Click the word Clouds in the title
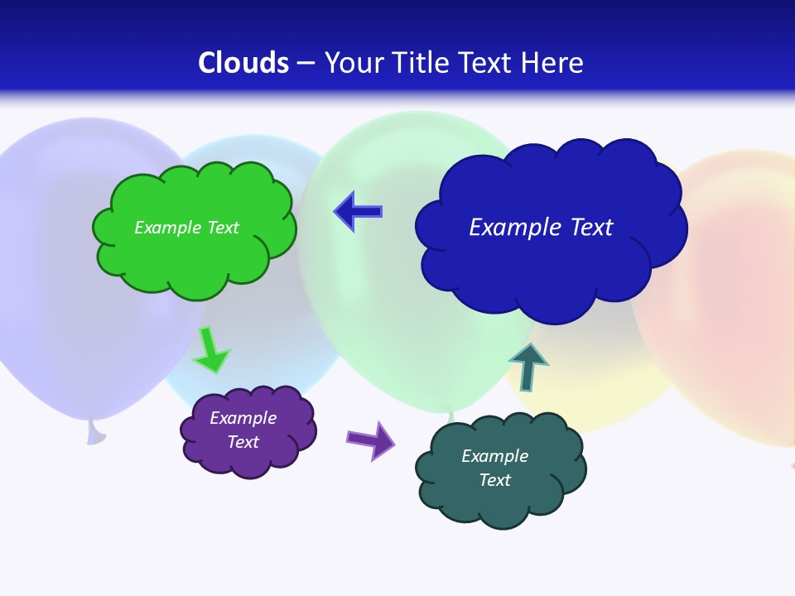click(x=243, y=63)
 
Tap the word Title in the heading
click(x=422, y=63)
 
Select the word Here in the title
click(x=552, y=63)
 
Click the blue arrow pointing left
click(x=358, y=211)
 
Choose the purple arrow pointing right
click(x=371, y=440)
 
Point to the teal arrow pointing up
click(x=528, y=367)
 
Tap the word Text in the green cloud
click(x=224, y=228)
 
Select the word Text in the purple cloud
click(x=243, y=442)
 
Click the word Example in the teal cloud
click(x=494, y=456)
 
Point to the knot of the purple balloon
click(x=96, y=432)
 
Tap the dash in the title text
click(x=306, y=64)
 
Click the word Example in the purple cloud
click(x=243, y=418)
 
